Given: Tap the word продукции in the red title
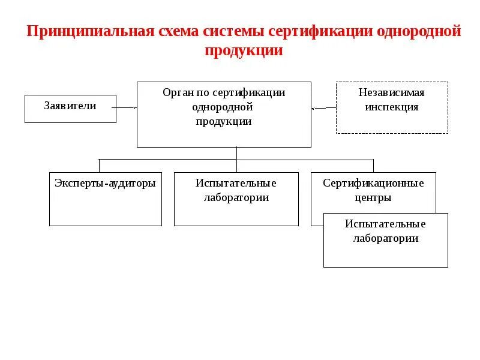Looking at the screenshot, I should (x=243, y=51).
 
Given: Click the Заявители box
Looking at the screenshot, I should (x=70, y=109).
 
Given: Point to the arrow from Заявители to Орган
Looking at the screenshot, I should (x=127, y=108).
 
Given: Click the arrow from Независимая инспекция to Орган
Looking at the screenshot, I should (x=323, y=108).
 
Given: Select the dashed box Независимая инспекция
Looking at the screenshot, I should (x=391, y=107).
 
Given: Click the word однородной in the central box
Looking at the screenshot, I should (x=223, y=107).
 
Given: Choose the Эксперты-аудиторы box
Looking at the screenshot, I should (x=105, y=199).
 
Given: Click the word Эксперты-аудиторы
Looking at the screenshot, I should (x=105, y=184).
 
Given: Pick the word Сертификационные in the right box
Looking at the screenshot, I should (x=373, y=184).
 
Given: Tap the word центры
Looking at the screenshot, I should (x=373, y=197).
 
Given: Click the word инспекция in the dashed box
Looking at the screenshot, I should (x=391, y=107).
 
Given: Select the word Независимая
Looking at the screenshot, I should (x=391, y=93).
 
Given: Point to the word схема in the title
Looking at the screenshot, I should (x=179, y=31).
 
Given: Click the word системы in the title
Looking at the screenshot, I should (x=236, y=31).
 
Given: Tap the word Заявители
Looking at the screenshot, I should (x=70, y=106).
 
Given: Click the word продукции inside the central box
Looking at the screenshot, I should (x=223, y=121).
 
